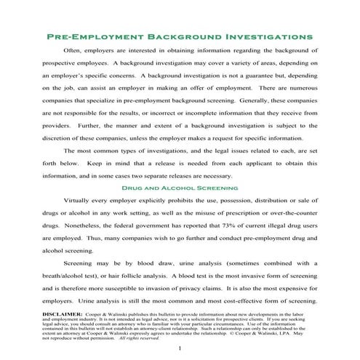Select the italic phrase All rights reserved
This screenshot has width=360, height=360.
coord(138,337)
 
